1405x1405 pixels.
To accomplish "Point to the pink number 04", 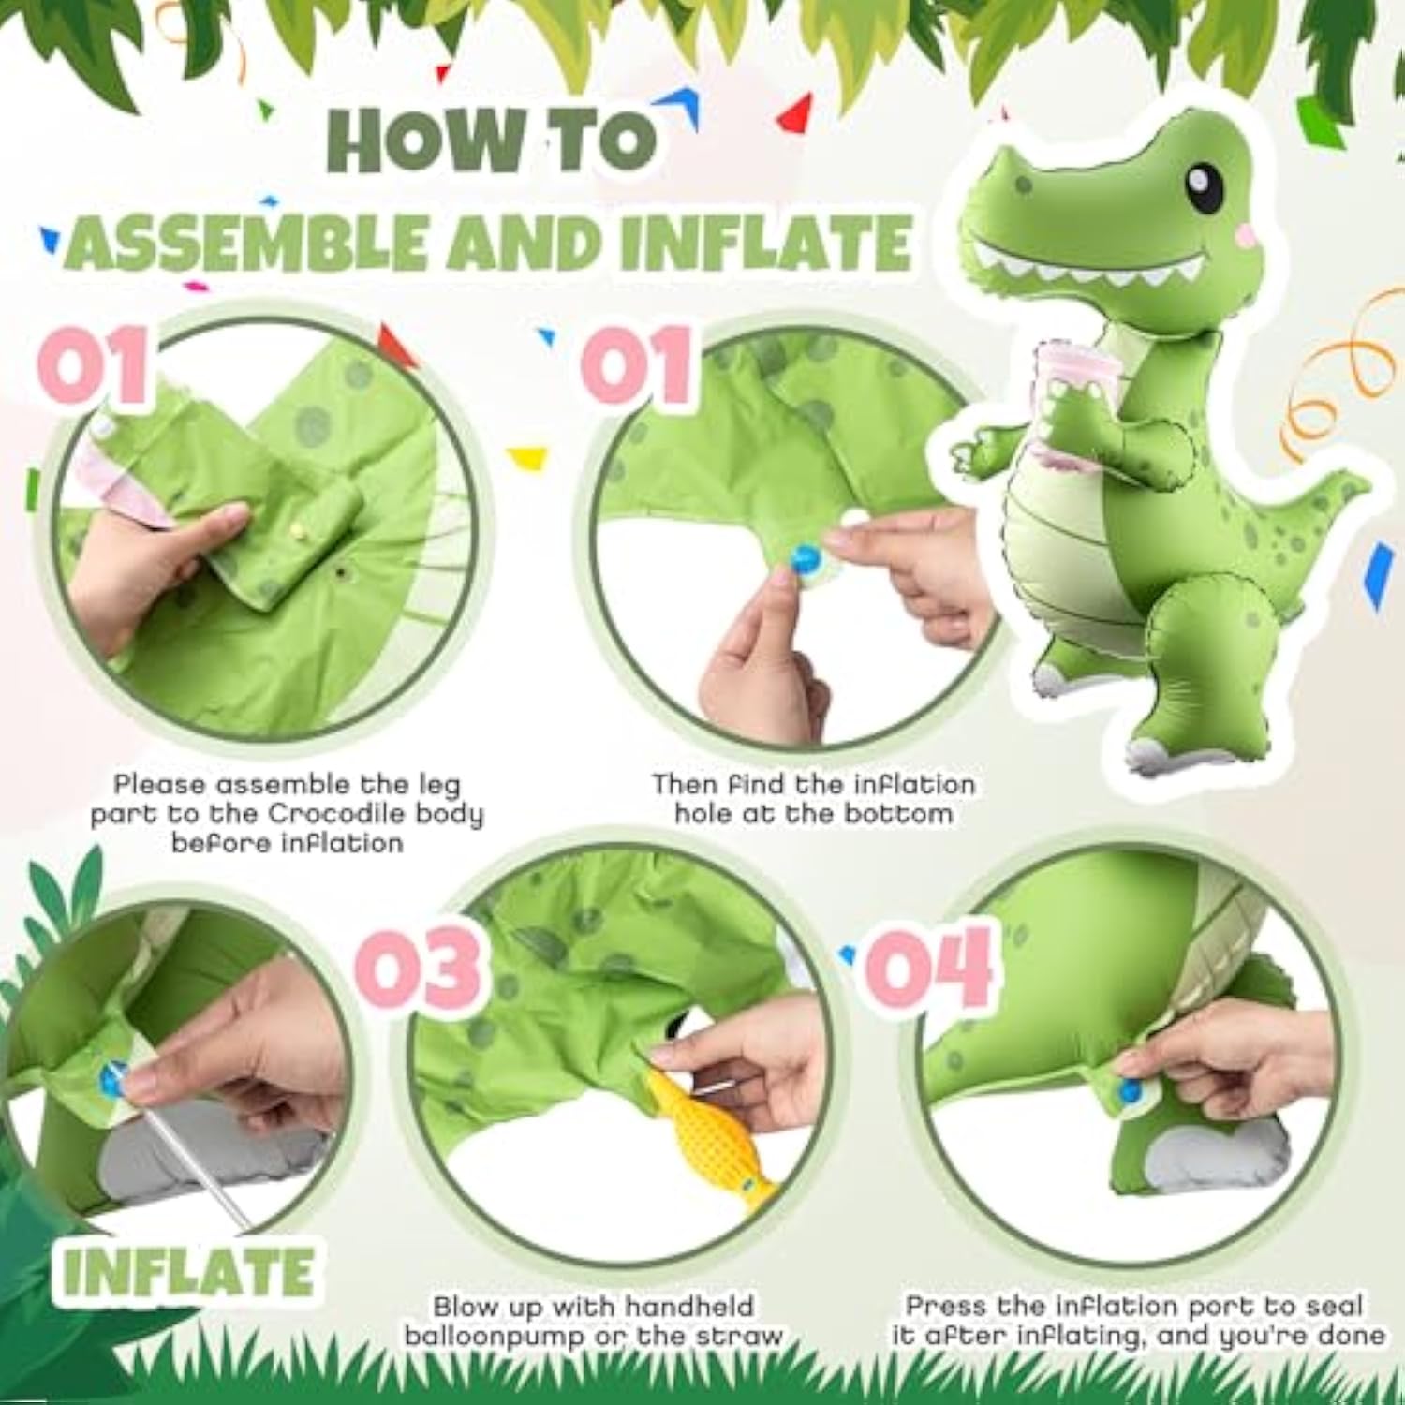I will coord(927,967).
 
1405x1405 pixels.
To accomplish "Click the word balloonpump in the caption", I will coord(496,1335).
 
